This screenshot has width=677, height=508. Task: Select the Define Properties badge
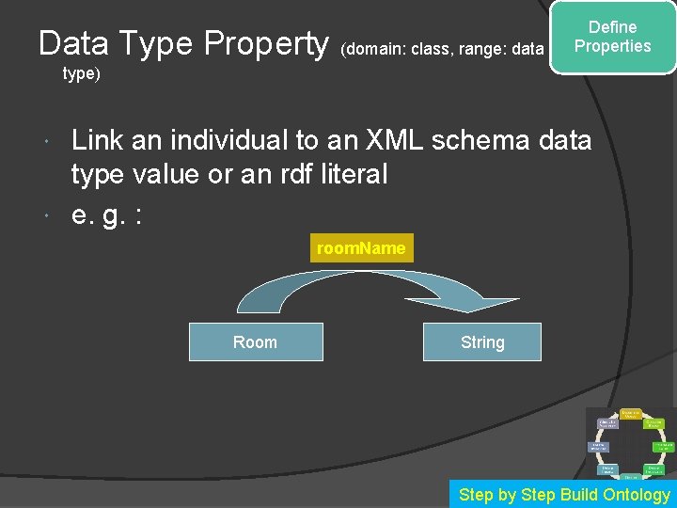point(613,38)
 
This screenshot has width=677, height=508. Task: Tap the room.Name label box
point(361,248)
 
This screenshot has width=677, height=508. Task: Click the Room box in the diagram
point(256,342)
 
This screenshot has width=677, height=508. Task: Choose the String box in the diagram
point(482,342)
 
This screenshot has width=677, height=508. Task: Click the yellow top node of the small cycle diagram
point(630,414)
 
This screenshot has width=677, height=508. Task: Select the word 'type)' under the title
point(81,73)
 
